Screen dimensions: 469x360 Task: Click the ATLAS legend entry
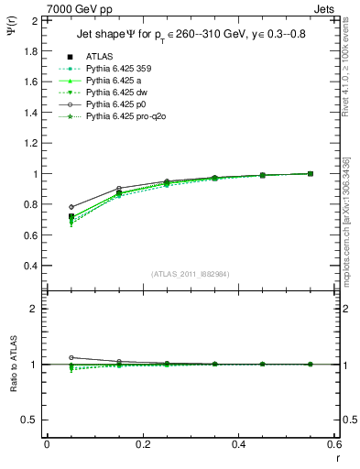pyautogui.click(x=100, y=55)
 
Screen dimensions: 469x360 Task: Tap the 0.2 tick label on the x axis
pyautogui.click(x=143, y=444)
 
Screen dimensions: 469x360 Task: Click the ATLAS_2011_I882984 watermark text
pyautogui.click(x=191, y=274)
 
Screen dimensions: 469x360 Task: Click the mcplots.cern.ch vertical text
pyautogui.click(x=349, y=229)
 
